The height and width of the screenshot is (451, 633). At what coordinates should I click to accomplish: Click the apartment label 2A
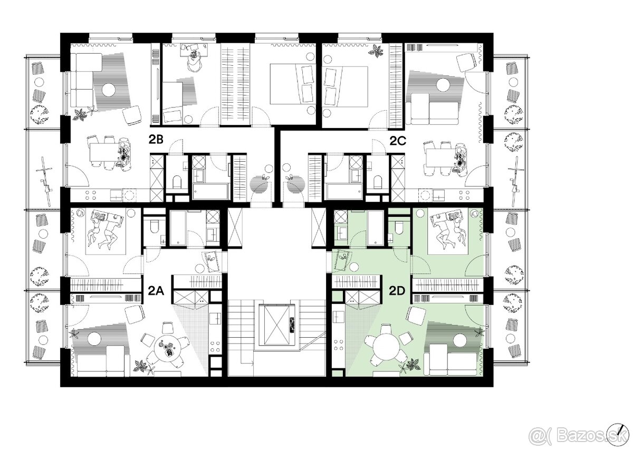point(156,291)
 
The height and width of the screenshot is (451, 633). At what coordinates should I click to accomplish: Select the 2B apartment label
point(156,140)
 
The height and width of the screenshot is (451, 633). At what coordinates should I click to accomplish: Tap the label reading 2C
point(398,141)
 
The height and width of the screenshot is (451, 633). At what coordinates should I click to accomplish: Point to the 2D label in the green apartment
point(397,291)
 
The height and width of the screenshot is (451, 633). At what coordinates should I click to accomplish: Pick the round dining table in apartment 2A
point(168,350)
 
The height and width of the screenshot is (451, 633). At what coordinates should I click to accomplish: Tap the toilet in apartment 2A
point(154,227)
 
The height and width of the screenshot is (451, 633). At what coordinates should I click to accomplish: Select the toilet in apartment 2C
point(378,182)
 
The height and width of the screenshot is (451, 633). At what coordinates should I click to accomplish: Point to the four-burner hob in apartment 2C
point(465,195)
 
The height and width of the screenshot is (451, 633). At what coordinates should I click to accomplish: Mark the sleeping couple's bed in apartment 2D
point(447,231)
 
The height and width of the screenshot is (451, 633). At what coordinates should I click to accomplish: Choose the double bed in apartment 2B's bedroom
point(293,84)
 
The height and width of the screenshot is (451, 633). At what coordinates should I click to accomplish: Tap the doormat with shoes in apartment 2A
point(212,260)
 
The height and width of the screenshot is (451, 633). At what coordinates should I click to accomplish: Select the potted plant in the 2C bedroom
point(376,51)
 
